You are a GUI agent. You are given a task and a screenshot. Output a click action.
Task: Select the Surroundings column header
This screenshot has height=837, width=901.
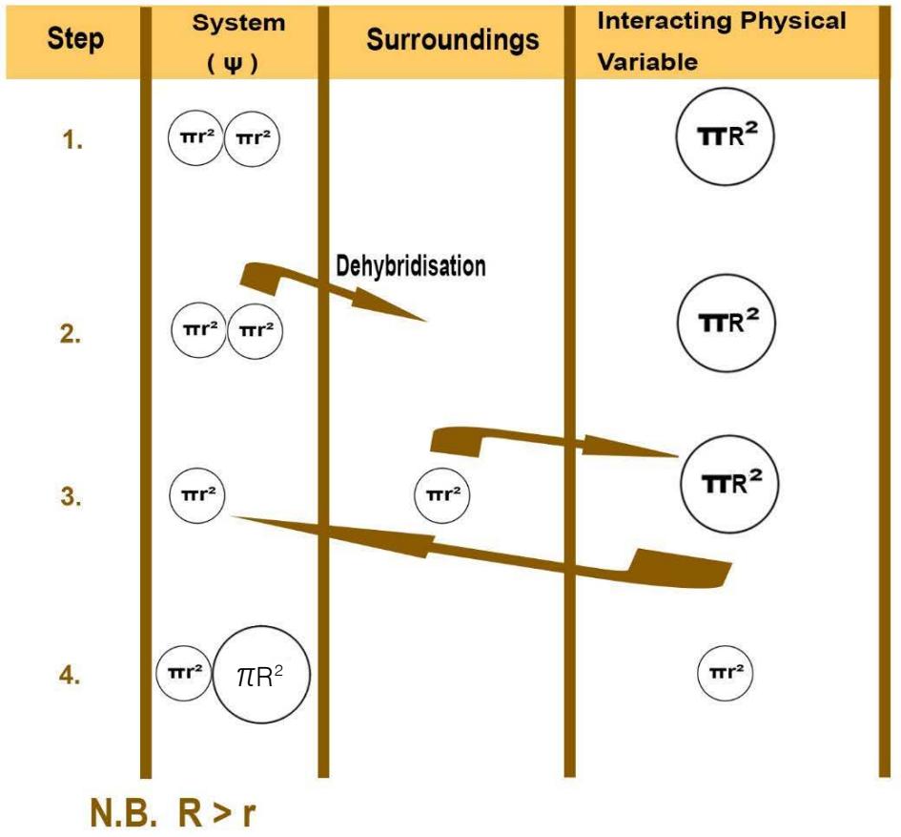pos(452,40)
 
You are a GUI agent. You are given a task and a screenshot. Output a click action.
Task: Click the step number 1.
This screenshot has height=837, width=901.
pos(72,141)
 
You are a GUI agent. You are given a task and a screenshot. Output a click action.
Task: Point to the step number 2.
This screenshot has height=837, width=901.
pos(71,336)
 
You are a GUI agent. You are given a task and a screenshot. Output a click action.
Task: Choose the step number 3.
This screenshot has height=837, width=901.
pos(72,497)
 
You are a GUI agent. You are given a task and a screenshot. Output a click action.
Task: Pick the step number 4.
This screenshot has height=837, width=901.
pos(71,676)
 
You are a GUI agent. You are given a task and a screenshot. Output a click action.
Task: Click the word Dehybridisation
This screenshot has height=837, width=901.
pos(411,265)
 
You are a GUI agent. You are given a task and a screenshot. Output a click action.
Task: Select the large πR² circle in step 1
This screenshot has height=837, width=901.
pos(725,138)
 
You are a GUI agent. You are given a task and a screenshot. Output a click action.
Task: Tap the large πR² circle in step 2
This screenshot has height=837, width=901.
pos(725,322)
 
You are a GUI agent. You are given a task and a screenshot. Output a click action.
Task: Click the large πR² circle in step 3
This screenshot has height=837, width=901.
pos(729,482)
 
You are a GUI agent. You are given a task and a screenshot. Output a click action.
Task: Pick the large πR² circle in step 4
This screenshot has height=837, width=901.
pos(261,676)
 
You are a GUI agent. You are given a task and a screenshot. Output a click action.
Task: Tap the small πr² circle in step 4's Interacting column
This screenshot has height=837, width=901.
pos(725,673)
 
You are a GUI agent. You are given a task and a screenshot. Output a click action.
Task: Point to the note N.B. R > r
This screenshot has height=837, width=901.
pos(173,813)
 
